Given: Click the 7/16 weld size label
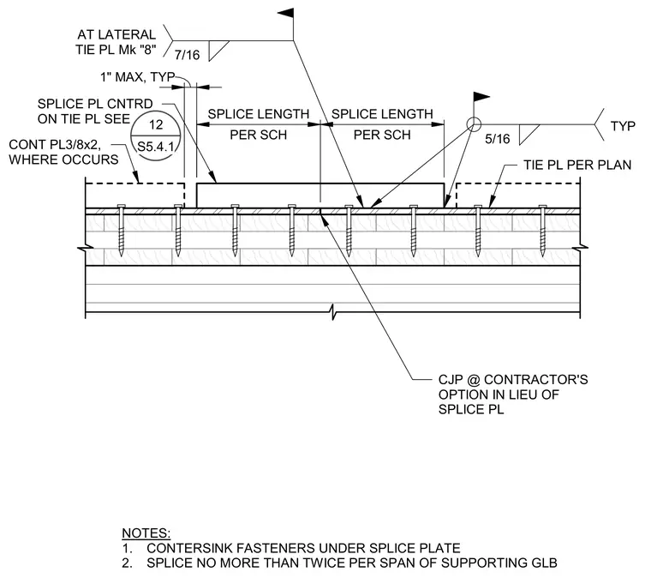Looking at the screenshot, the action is [187, 55].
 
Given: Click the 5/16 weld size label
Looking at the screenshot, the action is [498, 139].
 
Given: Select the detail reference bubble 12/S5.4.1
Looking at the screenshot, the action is [156, 135].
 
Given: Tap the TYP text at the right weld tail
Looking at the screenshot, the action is [623, 126].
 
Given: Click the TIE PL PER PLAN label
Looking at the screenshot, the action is [577, 165].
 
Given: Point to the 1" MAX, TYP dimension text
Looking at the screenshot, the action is [137, 77].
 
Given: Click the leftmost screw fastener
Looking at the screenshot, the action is [122, 230].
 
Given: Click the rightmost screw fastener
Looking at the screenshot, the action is [542, 230].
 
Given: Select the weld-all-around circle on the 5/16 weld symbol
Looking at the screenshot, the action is [474, 124].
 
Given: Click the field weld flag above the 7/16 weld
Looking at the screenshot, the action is [285, 14].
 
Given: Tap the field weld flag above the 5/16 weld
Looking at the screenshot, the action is [481, 97].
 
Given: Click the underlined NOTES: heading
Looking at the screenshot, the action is [146, 533].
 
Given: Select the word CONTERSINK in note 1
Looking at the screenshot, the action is [190, 548].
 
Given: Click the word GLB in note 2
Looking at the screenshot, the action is [544, 563].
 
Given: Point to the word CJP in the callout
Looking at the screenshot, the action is [451, 379].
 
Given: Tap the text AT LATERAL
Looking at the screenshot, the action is [116, 34].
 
